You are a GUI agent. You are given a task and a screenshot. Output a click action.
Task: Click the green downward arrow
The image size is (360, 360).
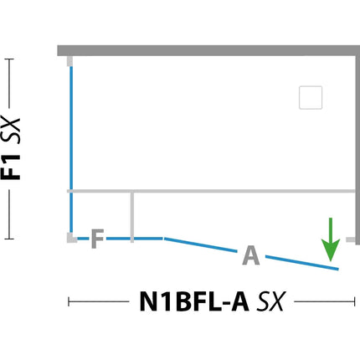click(331, 239)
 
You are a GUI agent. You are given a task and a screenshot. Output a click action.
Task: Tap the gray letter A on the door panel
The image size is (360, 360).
click(251, 255)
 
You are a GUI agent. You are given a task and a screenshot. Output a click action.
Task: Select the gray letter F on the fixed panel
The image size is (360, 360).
click(98, 239)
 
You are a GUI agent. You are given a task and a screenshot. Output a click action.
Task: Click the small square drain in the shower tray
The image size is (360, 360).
click(311, 97)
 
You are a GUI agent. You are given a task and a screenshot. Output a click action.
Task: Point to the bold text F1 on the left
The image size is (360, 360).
click(11, 167)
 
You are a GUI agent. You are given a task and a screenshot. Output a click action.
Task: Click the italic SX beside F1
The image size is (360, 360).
click(11, 131)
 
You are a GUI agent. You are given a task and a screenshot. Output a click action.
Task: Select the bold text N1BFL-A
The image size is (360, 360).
click(194, 301)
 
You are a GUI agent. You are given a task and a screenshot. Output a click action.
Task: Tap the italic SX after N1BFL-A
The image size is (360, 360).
click(271, 301)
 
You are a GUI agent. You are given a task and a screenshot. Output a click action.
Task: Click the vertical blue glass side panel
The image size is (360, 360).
click(71, 149)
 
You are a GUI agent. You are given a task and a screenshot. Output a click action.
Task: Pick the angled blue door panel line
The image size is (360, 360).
click(251, 254)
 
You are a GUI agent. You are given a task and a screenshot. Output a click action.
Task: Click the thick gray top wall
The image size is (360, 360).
click(208, 50)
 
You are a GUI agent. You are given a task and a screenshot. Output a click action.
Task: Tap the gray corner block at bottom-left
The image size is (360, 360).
click(72, 238)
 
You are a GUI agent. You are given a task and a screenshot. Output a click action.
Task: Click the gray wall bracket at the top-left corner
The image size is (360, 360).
click(69, 61)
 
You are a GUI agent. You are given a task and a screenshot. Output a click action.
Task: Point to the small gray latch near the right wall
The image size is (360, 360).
click(351, 239)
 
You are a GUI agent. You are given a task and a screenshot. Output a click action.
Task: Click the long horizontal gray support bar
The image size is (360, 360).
click(211, 191)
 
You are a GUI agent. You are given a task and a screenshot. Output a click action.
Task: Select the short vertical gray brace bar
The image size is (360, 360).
click(132, 217)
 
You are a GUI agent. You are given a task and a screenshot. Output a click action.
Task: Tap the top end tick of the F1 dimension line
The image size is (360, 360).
click(9, 59)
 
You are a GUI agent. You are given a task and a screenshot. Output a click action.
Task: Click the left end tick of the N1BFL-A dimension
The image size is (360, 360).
click(69, 301)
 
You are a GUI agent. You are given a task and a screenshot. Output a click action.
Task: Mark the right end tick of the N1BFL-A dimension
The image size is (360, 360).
click(355, 301)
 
